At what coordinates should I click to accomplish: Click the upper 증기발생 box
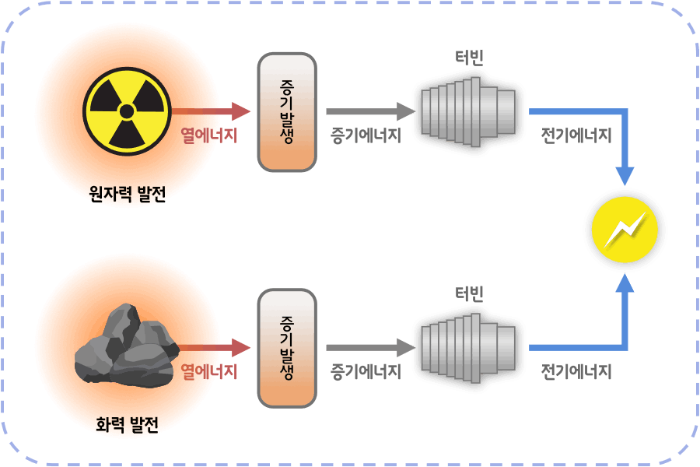tap(286, 112)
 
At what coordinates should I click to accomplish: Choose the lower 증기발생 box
tap(286, 348)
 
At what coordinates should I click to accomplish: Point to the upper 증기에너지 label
tap(366, 135)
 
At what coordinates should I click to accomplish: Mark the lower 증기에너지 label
tap(366, 371)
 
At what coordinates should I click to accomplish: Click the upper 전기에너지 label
tap(576, 135)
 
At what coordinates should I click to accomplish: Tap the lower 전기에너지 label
tap(576, 371)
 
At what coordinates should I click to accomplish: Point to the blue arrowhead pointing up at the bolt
tap(625, 283)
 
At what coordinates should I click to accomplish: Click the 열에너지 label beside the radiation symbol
tap(209, 135)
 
